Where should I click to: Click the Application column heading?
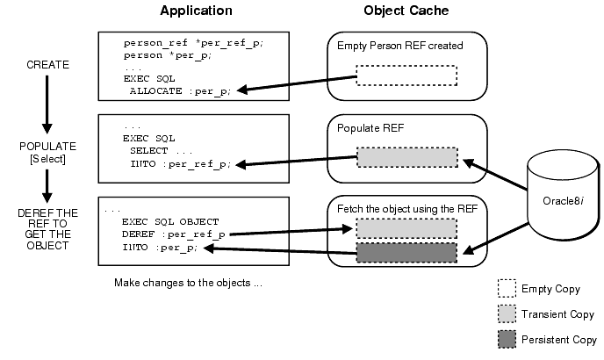click(196, 11)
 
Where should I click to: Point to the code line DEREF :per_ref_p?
click(180, 234)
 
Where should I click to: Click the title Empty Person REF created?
click(400, 46)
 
